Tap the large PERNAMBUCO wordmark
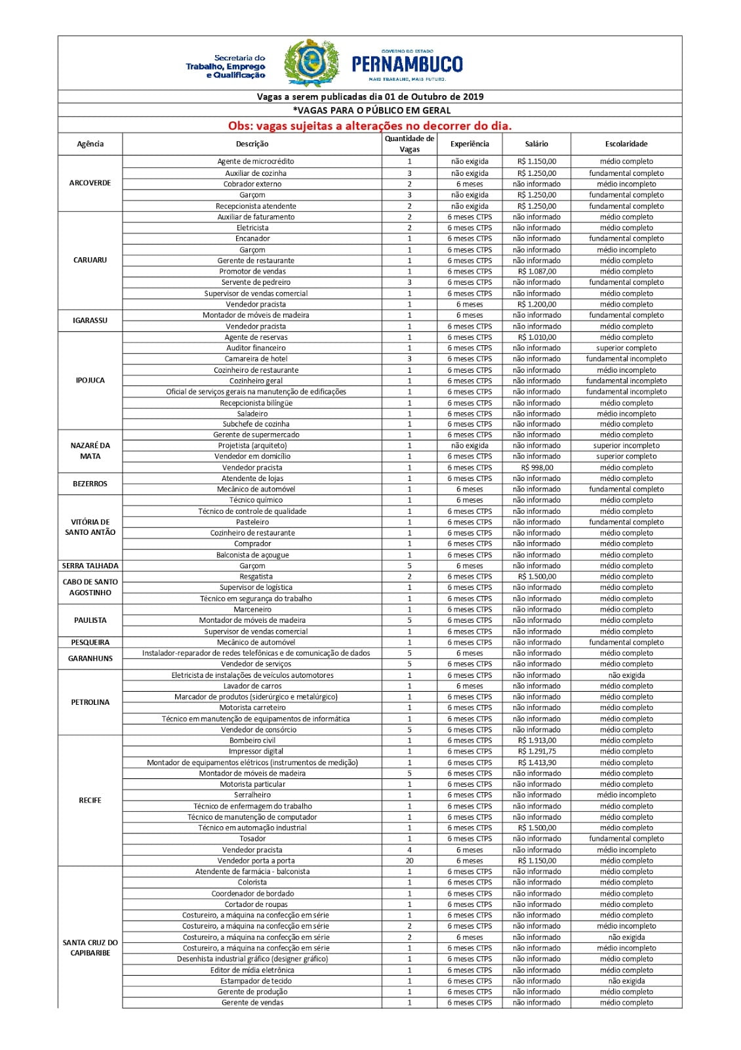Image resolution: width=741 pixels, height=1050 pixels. coord(407,64)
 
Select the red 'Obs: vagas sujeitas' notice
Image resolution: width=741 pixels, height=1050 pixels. coord(370,125)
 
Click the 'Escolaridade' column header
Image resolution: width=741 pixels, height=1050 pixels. coord(626,144)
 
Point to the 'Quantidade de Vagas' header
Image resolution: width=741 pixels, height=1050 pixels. coord(409,144)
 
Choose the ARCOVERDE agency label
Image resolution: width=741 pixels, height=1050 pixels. coord(90,183)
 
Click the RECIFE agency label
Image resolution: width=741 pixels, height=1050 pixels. coord(90,800)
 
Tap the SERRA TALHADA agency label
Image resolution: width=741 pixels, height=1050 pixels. coord(90,566)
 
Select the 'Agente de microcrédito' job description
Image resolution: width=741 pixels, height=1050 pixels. coord(256,161)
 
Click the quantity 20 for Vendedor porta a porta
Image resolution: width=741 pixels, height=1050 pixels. coord(409,860)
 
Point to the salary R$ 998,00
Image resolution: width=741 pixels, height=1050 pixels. coord(537,468)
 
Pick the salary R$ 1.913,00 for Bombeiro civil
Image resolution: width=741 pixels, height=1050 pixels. coord(537,740)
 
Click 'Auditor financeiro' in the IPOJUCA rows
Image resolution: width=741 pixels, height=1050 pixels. coord(256,348)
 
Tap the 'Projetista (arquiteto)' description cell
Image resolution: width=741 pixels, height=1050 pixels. coord(252,446)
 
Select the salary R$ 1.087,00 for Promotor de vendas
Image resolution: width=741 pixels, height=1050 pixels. coord(537,271)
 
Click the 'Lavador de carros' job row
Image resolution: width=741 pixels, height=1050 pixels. coord(252,686)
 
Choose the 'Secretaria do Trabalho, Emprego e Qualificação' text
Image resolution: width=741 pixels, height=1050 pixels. coord(226,66)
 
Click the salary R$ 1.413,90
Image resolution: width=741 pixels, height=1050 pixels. coord(537,763)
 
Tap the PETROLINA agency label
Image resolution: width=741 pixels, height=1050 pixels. coord(90,702)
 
